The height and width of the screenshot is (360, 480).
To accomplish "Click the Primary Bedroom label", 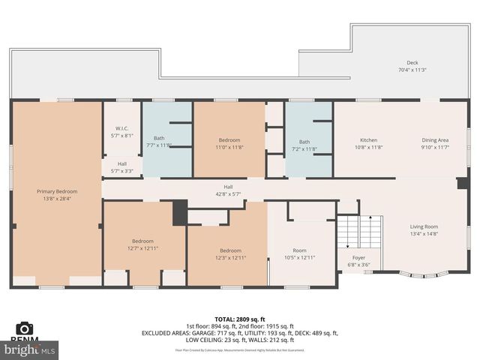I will coord(57,192).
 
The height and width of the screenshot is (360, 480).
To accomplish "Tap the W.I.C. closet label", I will coord(121,127).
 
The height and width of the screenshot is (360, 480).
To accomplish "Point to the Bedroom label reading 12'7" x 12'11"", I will coord(142,244).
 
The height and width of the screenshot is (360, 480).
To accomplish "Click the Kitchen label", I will coord(368,140).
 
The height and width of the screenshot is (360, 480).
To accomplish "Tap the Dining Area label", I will coord(434,140).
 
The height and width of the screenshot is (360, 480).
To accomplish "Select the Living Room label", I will coord(423,226).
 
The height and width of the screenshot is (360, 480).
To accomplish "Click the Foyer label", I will coord(358,257).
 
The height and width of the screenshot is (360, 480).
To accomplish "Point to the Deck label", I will coord(412,63).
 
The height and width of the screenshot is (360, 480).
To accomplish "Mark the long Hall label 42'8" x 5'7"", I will coord(228,190).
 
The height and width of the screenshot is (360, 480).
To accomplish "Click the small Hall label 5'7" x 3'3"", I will coord(121,167).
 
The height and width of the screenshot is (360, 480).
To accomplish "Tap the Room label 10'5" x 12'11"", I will coord(299,253).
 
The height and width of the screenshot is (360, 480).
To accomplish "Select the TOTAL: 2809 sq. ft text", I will coord(239,319).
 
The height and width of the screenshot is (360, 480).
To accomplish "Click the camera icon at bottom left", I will coord(24,328).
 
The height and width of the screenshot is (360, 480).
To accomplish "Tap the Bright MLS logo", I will coord(30,349).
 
